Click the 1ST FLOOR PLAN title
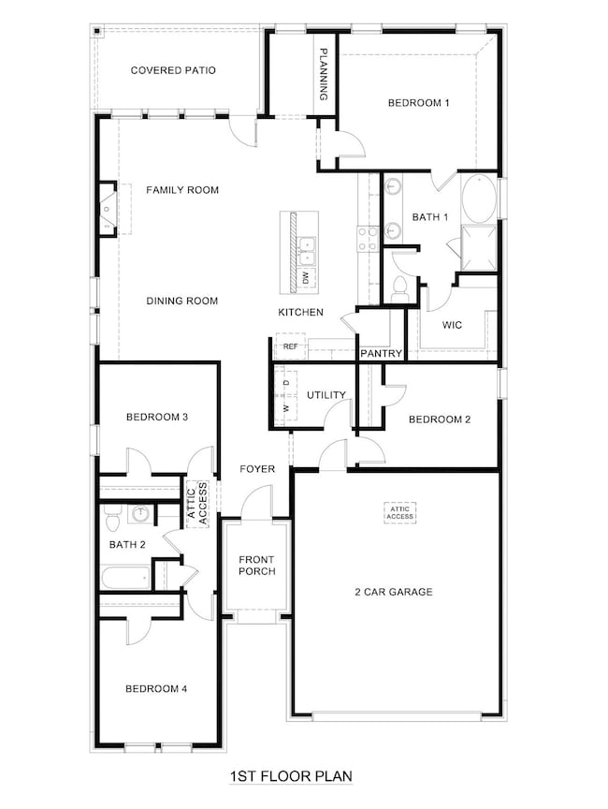[290, 776]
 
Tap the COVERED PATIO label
[174, 70]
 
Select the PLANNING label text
[324, 75]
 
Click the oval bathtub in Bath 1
[481, 199]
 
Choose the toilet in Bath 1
[399, 287]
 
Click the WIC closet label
[454, 325]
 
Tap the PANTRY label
[382, 354]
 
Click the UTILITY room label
[326, 395]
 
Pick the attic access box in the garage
[399, 512]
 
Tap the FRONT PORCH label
[256, 565]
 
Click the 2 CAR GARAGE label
[393, 592]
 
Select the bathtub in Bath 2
[126, 577]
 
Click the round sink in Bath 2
[141, 513]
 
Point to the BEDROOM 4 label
[156, 689]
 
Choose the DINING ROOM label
[181, 301]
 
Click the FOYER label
[256, 468]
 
